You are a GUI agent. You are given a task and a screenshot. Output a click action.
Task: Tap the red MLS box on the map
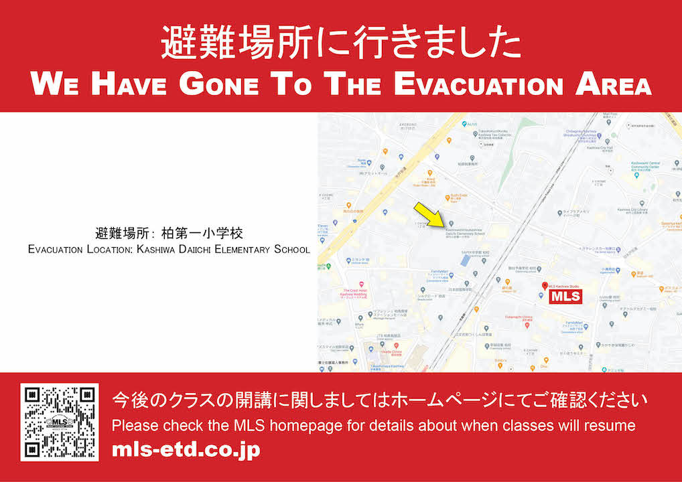pyautogui.click(x=565, y=297)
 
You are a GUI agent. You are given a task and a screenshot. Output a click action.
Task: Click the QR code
pyautogui.click(x=60, y=422)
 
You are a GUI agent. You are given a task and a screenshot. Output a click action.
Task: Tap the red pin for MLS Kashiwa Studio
pyautogui.click(x=544, y=286)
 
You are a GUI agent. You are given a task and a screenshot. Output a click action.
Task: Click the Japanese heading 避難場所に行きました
pyautogui.click(x=340, y=44)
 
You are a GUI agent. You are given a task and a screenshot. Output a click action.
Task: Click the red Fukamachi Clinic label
pyautogui.click(x=517, y=319)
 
